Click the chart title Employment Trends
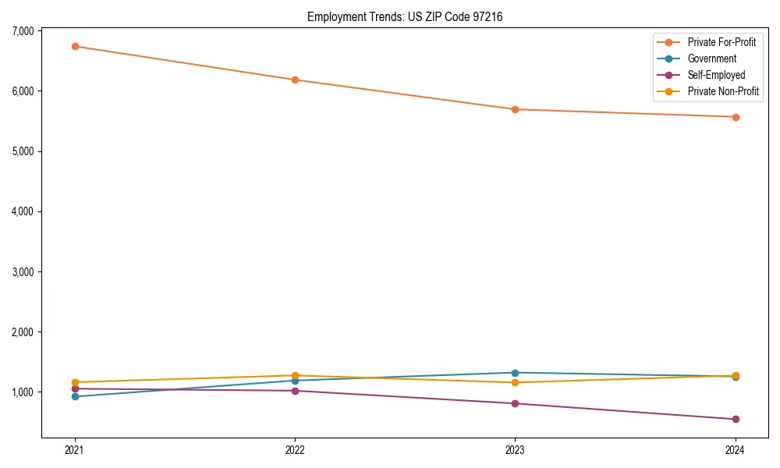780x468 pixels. pyautogui.click(x=410, y=16)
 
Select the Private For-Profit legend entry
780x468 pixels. pyautogui.click(x=721, y=42)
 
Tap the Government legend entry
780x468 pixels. pyautogui.click(x=711, y=58)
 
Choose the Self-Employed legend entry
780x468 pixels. pyautogui.click(x=716, y=75)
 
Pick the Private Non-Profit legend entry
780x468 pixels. pyautogui.click(x=723, y=91)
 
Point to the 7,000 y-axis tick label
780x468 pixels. pyautogui.click(x=23, y=31)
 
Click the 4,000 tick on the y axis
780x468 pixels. pyautogui.click(x=23, y=211)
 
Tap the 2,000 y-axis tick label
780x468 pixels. pyautogui.click(x=23, y=332)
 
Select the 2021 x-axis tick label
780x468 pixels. pyautogui.click(x=75, y=449)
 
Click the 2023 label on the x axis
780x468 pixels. pyautogui.click(x=515, y=449)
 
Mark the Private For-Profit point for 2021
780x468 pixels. pyautogui.click(x=75, y=46)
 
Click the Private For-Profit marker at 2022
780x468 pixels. pyautogui.click(x=295, y=80)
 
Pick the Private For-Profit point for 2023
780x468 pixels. pyautogui.click(x=515, y=109)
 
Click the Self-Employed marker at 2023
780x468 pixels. pyautogui.click(x=515, y=403)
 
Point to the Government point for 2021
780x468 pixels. pyautogui.click(x=75, y=396)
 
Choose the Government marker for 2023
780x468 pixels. pyautogui.click(x=515, y=373)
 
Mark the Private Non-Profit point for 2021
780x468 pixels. pyautogui.click(x=75, y=382)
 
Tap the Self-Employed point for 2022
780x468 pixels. pyautogui.click(x=295, y=391)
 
